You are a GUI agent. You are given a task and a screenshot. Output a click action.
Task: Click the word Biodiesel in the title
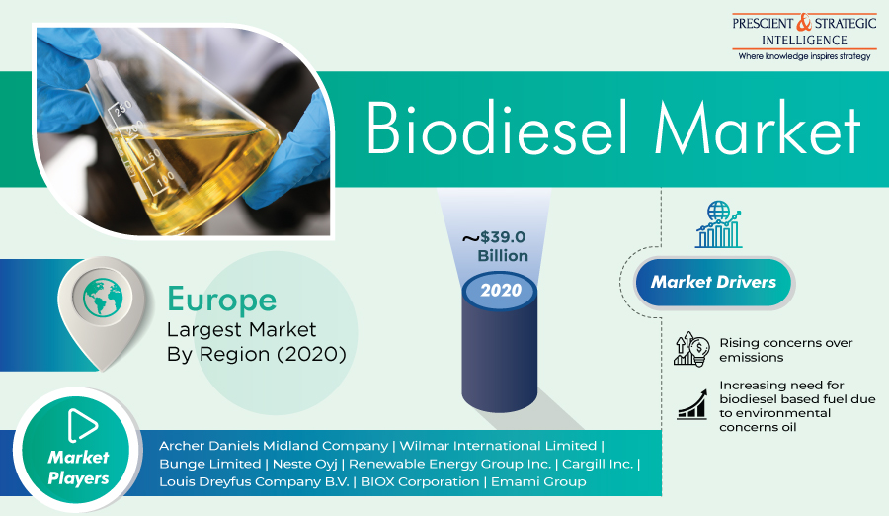click(x=497, y=128)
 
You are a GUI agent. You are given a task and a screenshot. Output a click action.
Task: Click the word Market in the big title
click(x=758, y=128)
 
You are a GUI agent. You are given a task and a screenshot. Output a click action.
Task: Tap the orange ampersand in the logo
click(x=804, y=23)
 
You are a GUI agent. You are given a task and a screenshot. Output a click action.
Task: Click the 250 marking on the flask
click(x=123, y=108)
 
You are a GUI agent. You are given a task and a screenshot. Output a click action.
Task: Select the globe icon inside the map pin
click(x=103, y=298)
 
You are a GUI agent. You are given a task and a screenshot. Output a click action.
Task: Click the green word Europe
click(x=221, y=301)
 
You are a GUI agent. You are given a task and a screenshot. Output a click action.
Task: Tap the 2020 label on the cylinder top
click(x=501, y=290)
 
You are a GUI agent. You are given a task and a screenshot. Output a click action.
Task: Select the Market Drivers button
click(x=713, y=282)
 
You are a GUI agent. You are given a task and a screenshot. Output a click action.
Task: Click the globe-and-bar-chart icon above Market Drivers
click(x=718, y=224)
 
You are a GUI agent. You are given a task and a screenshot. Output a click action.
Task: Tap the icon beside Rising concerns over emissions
click(x=691, y=349)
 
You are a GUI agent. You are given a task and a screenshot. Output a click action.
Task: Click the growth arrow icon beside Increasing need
click(x=692, y=404)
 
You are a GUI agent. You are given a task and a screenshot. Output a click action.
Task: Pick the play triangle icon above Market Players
click(x=82, y=425)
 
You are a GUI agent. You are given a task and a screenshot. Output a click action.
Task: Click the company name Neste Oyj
click(x=305, y=464)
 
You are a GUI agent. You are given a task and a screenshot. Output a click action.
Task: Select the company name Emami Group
click(x=538, y=482)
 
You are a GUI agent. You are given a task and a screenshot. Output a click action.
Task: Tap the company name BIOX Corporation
click(x=420, y=482)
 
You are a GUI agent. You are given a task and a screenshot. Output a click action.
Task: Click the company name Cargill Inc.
click(x=598, y=464)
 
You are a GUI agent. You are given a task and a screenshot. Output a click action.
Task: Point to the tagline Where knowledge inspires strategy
click(x=804, y=56)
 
